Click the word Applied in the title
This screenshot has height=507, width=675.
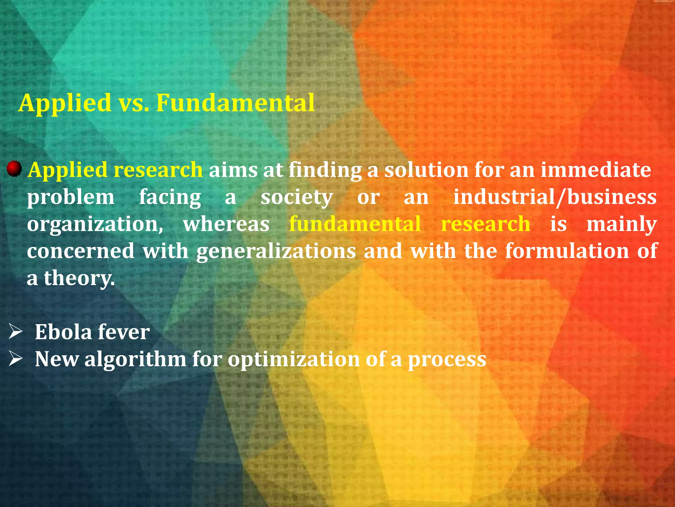point(65,103)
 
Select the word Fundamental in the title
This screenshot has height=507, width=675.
point(235,103)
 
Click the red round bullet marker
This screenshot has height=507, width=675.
point(14,169)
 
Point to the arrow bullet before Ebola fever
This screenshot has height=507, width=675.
point(15,331)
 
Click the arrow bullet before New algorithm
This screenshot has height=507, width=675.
point(15,358)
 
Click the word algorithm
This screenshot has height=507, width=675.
point(135,359)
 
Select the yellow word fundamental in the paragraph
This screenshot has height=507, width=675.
point(355,224)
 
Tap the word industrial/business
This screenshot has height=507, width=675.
point(555,197)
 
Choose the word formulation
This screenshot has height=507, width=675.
point(567,251)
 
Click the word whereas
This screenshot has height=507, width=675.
point(226,224)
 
